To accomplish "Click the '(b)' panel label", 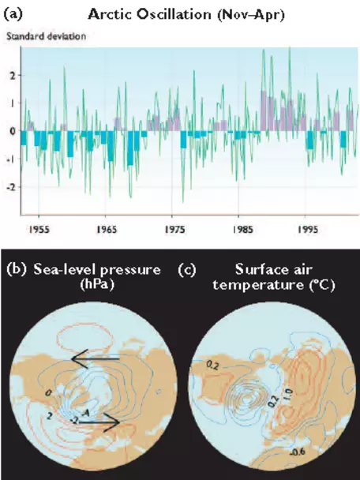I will coord(17,270).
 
